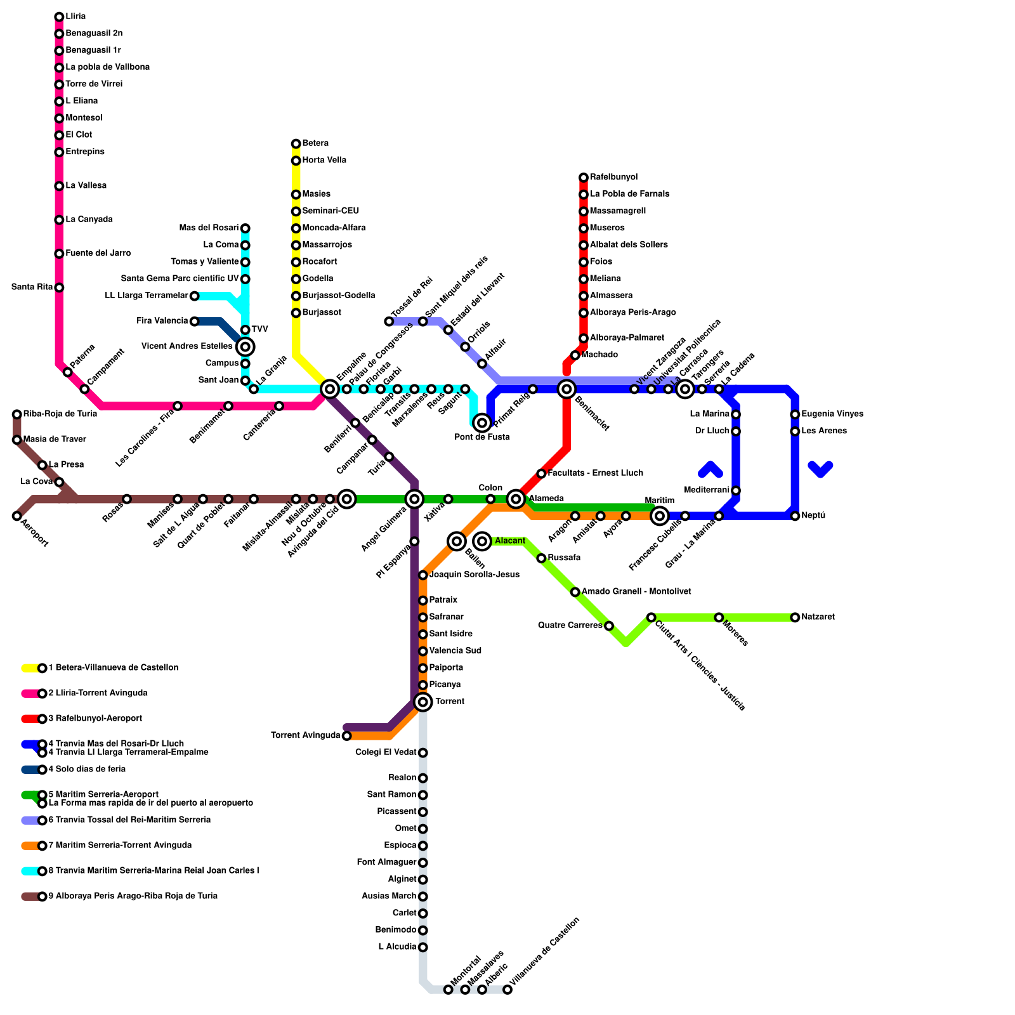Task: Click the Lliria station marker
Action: tap(59, 16)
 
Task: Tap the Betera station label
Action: tap(315, 143)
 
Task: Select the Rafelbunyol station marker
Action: tap(584, 178)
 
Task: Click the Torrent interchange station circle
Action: tap(423, 702)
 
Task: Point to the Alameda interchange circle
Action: tap(516, 499)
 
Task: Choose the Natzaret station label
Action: tap(818, 617)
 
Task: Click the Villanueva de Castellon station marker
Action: tap(507, 990)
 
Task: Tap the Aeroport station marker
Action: tap(16, 516)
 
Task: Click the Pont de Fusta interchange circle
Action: tap(482, 422)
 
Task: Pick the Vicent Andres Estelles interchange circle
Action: tap(246, 346)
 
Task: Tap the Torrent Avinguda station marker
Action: tap(346, 736)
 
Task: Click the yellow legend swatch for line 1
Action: tap(30, 668)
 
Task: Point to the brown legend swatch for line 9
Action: tap(30, 896)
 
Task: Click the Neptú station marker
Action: tap(795, 516)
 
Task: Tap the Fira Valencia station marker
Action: tap(195, 322)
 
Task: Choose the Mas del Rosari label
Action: tap(209, 228)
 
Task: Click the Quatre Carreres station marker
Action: tap(609, 626)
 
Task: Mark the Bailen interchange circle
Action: tap(457, 541)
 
